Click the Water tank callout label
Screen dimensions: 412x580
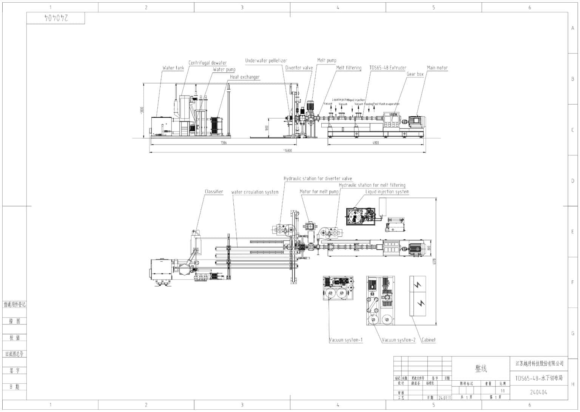click(x=173, y=68)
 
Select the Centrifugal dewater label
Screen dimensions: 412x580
click(x=207, y=63)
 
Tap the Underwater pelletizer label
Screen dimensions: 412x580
click(x=266, y=60)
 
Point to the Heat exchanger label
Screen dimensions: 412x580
click(x=245, y=77)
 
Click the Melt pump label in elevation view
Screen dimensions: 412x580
click(x=327, y=60)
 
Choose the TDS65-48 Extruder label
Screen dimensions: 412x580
click(x=388, y=68)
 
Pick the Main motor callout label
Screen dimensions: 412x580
click(x=437, y=68)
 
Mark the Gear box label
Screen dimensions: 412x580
click(x=415, y=74)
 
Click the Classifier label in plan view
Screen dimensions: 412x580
click(x=214, y=192)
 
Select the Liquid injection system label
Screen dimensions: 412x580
click(x=387, y=192)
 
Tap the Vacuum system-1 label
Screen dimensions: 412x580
click(x=346, y=340)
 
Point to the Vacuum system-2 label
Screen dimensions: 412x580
click(x=398, y=340)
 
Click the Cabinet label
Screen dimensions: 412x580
click(x=429, y=340)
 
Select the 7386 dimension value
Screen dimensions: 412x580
click(x=224, y=143)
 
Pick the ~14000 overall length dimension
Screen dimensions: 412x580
click(x=287, y=150)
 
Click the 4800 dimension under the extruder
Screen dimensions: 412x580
click(x=375, y=143)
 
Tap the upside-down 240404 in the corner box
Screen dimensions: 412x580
click(x=56, y=18)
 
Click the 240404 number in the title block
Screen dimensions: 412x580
click(x=538, y=392)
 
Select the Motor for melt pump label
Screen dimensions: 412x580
click(x=319, y=192)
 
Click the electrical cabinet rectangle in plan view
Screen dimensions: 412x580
click(x=418, y=296)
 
